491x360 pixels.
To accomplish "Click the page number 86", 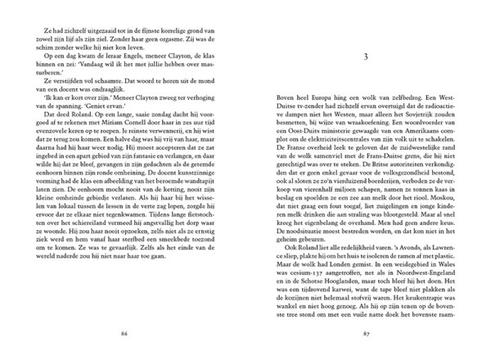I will (124, 334).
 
